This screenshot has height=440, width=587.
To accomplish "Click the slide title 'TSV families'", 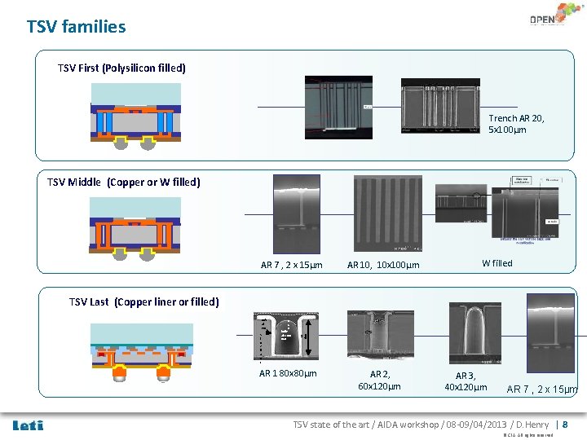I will (77, 27).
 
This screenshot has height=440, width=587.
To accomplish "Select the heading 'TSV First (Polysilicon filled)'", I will (121, 68).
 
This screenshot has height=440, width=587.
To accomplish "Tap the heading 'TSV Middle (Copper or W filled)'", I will (123, 182).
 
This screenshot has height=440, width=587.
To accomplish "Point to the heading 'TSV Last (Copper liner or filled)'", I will (144, 301).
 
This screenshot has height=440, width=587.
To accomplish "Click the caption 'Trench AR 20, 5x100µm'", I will (517, 124).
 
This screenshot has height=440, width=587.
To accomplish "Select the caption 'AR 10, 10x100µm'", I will (383, 265).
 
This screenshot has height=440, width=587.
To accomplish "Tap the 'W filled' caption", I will (497, 263).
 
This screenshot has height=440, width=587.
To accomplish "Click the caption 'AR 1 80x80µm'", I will (288, 373).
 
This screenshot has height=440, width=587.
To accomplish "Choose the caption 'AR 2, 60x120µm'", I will (380, 380).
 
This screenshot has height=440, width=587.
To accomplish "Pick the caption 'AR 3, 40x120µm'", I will (466, 381).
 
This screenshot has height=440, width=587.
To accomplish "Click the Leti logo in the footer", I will (29, 425).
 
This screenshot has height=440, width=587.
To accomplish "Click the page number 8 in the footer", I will (565, 425).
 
